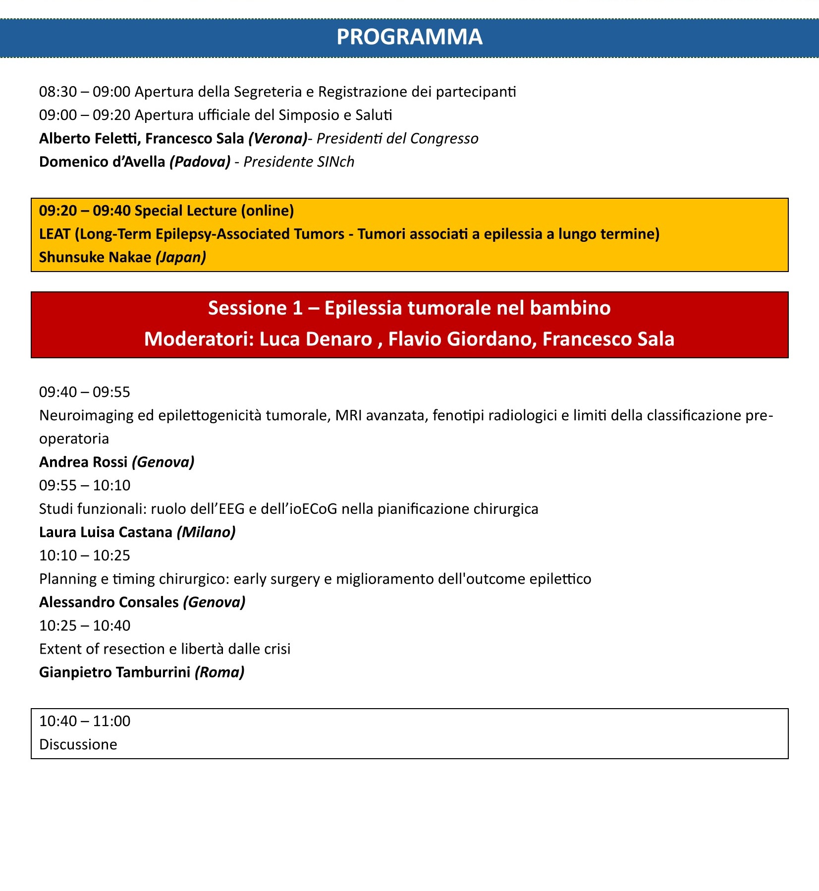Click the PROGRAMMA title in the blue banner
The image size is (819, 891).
[409, 37]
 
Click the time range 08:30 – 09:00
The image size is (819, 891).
[85, 92]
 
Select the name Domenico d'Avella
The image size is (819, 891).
[102, 162]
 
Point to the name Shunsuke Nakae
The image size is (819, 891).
[95, 257]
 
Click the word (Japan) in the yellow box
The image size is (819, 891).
[181, 257]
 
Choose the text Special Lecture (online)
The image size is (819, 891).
[214, 211]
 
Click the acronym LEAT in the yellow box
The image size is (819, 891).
[55, 234]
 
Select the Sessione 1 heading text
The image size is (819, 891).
[409, 308]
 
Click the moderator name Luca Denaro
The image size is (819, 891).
[316, 339]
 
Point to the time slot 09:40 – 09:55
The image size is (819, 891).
[85, 392]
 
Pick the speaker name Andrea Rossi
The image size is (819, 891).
[83, 462]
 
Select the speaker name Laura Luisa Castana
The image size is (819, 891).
[106, 532]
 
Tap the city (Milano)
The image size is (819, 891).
[206, 532]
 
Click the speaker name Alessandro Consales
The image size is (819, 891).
[109, 602]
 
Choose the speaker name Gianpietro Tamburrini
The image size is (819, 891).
[114, 672]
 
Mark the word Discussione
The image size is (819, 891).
[78, 744]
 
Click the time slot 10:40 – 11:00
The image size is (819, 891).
[85, 721]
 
